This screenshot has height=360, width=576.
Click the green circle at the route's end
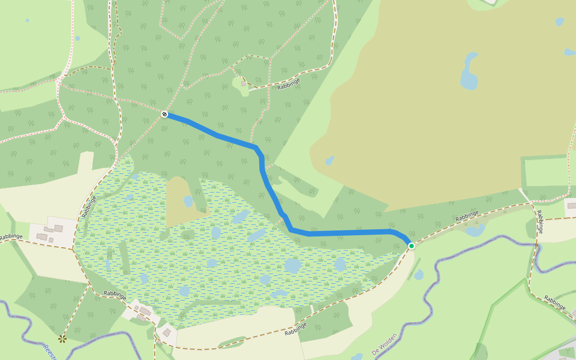(412, 245)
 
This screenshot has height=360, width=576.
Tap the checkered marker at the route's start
(164, 113)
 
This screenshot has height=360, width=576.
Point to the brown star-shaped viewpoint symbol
(62, 339)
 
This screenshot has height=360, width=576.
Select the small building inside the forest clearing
(244, 84)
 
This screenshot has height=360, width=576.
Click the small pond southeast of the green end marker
(418, 275)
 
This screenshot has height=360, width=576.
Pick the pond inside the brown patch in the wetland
(188, 201)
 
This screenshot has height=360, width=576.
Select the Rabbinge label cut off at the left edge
(11, 237)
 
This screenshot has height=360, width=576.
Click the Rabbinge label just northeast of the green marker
(467, 217)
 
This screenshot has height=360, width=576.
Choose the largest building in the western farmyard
(58, 229)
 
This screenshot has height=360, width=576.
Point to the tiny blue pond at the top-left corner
(27, 20)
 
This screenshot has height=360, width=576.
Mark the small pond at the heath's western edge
(329, 160)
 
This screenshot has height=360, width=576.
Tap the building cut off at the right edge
(572, 206)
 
